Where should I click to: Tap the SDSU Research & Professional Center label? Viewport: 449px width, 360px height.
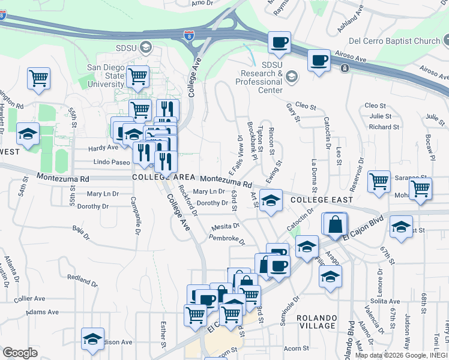pyautogui.click(x=262, y=77)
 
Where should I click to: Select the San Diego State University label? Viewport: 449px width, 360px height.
pyautogui.click(x=106, y=76)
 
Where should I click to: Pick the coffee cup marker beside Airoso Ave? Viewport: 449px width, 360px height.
pyautogui.click(x=319, y=61)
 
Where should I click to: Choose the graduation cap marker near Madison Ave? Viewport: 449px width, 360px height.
pyautogui.click(x=92, y=338)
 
